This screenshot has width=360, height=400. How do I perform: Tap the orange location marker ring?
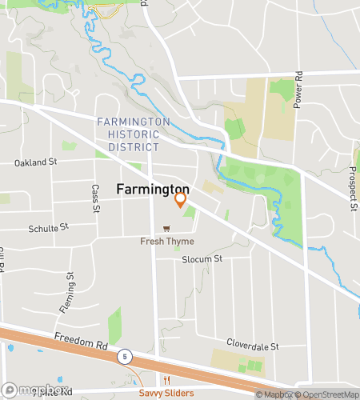point(181,198)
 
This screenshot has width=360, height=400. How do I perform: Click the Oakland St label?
point(37,162)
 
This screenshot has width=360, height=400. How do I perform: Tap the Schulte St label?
point(49,228)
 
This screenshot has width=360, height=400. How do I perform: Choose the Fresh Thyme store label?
point(167,242)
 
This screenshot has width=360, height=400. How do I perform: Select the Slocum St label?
point(202,259)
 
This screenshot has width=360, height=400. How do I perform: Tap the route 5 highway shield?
point(125,354)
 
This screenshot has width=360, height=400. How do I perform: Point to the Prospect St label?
point(353,192)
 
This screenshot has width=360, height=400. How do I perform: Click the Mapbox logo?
point(29,391)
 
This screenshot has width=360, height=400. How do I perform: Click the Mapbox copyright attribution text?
point(274,394)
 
